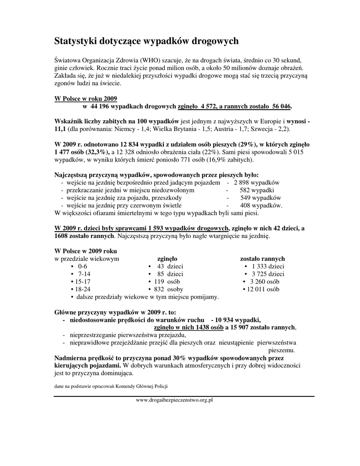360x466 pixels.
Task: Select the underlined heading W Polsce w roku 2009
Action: click(86, 98)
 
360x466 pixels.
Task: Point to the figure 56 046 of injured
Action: click(281, 106)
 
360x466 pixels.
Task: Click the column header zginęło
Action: click(167, 258)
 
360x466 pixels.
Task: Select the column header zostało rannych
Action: click(263, 258)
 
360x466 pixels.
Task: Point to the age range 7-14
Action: click(84, 274)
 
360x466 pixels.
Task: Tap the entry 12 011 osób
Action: click(264, 289)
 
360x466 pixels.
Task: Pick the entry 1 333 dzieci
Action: click(268, 266)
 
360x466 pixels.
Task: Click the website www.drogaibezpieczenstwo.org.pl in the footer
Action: click(175, 400)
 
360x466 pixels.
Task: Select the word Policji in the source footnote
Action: click(161, 386)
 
